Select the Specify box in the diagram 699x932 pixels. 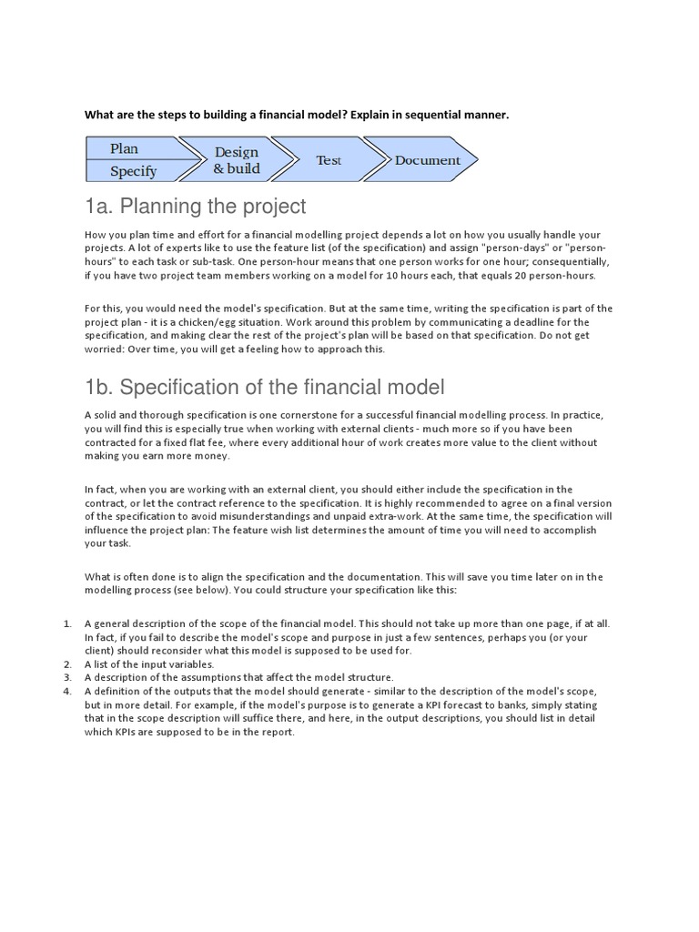point(133,170)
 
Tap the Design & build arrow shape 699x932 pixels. point(236,160)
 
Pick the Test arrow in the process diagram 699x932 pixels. point(329,160)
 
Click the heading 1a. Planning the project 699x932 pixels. point(196,206)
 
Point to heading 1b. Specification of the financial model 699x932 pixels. point(265,388)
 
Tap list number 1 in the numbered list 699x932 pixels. point(67,623)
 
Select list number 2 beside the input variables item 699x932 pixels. point(67,664)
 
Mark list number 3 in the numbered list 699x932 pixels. point(67,678)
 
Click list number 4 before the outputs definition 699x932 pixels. point(67,692)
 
